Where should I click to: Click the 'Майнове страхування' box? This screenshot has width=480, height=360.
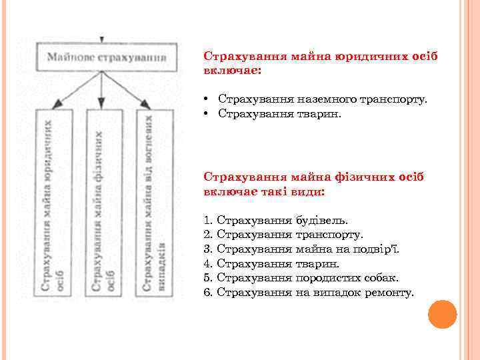tap(106, 57)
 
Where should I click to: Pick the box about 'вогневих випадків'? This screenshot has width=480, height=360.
tap(153, 203)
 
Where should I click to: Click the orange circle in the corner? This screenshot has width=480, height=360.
tap(442, 314)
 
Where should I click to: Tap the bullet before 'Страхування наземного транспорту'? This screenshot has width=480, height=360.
tap(208, 99)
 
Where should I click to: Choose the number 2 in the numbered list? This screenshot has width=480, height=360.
tap(207, 234)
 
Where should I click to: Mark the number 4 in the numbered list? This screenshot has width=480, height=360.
tap(207, 263)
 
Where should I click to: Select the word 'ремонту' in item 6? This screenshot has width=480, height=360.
tap(389, 293)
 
